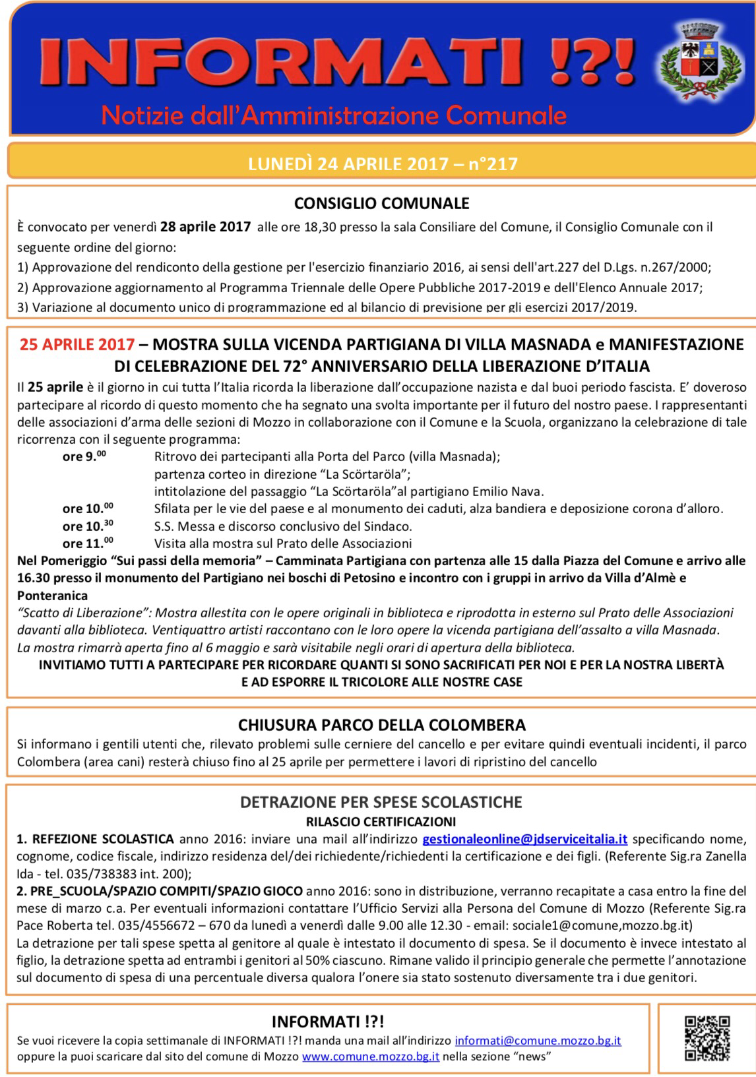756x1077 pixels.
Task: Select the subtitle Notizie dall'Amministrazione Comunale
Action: tap(334, 115)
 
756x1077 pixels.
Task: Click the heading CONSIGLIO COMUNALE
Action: tap(381, 203)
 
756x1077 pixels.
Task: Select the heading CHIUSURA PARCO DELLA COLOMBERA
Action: tap(381, 725)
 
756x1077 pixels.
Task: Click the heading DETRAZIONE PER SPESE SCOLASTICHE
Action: tap(381, 802)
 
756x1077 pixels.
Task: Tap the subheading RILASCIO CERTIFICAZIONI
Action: tap(381, 821)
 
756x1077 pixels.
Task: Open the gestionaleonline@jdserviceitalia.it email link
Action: tap(524, 840)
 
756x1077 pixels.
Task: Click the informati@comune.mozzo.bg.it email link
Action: tap(538, 1041)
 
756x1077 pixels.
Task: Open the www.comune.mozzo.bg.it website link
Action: tap(371, 1057)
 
